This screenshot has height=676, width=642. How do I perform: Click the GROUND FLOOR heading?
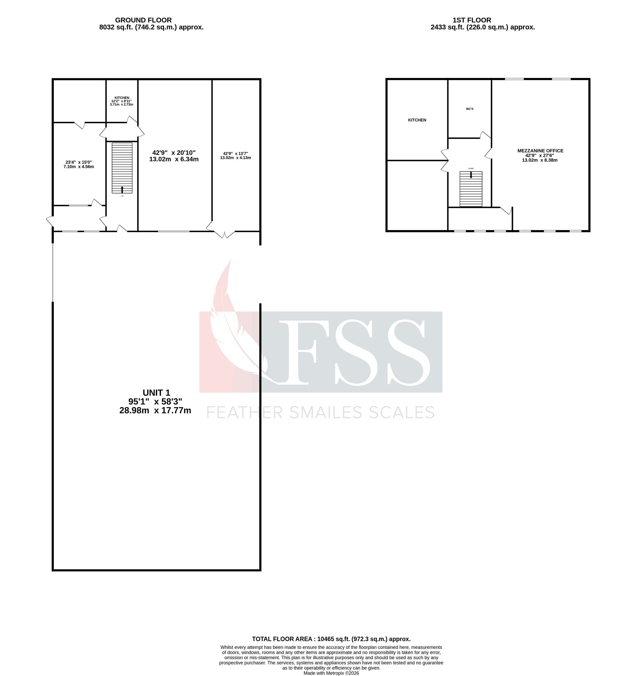(143, 20)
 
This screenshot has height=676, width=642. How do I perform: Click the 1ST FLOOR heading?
(472, 20)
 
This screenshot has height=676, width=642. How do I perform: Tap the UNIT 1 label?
(156, 393)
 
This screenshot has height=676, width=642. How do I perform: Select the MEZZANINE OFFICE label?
(540, 151)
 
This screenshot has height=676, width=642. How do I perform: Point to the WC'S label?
(469, 109)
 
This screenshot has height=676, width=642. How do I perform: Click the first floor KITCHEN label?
(417, 120)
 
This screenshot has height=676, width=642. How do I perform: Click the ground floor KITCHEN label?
(122, 98)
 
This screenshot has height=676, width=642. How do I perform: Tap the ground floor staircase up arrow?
(122, 189)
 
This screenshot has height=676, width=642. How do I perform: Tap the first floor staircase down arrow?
(471, 175)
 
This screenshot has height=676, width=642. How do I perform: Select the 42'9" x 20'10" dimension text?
(174, 152)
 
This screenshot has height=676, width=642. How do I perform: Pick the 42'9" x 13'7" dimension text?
(235, 154)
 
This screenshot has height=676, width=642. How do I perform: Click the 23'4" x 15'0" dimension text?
(79, 162)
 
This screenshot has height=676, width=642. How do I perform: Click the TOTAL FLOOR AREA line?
(331, 639)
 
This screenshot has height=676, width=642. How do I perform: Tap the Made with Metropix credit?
(331, 673)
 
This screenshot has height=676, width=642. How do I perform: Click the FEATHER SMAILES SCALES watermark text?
(320, 413)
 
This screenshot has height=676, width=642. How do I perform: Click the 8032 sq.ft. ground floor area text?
(151, 27)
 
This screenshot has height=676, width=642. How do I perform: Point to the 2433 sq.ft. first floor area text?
(482, 27)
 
